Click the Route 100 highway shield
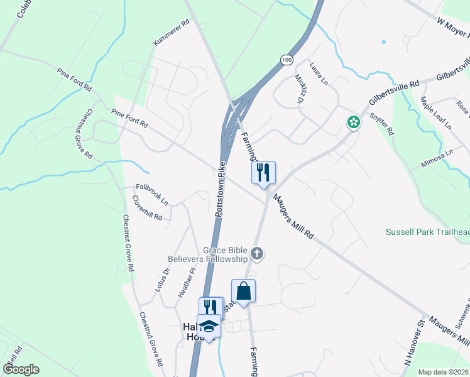click(x=287, y=60)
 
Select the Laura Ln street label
click(x=319, y=74)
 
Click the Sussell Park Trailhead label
click(x=427, y=232)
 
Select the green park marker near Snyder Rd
click(x=354, y=123)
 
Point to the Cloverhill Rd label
click(x=148, y=208)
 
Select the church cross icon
click(x=256, y=254)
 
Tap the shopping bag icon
click(x=244, y=291)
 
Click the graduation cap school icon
click(x=209, y=326)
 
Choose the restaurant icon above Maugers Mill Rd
click(x=263, y=172)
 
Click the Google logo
click(x=21, y=369)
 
